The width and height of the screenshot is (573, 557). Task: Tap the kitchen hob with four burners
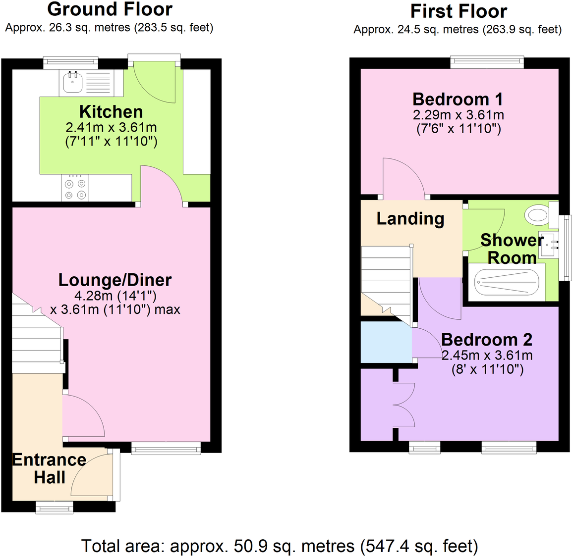75,189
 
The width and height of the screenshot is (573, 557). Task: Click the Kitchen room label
111,112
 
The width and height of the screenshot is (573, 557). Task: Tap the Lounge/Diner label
115,280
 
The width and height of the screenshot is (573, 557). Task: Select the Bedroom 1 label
458,100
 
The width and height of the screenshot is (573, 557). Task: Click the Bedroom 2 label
486,340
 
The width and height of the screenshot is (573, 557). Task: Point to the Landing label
410,218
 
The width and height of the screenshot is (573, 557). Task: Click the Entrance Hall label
49,468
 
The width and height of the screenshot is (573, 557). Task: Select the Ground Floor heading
110,9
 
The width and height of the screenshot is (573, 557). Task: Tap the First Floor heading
458,11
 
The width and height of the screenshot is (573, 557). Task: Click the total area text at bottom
280,546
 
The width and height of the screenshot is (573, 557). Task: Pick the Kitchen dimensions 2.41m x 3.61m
111,127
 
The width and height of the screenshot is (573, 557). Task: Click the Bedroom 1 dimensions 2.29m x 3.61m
458,115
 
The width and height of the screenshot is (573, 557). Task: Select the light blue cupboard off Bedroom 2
386,342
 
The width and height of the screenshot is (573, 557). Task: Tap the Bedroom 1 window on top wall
487,62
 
